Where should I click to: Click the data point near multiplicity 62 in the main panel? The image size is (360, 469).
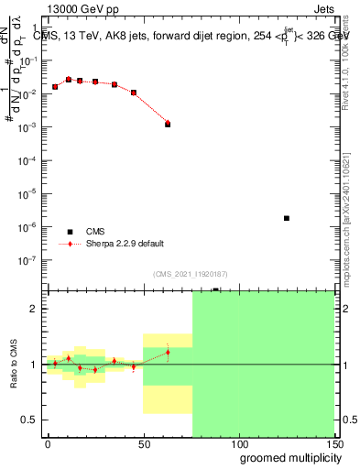(x=168, y=124)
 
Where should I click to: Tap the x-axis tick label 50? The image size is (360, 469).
(x=143, y=442)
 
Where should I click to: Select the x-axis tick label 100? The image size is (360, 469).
(x=238, y=442)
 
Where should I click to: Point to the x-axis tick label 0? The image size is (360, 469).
(x=48, y=442)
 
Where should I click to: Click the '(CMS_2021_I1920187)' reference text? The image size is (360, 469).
(x=190, y=273)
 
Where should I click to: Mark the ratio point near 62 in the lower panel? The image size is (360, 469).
(x=168, y=352)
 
